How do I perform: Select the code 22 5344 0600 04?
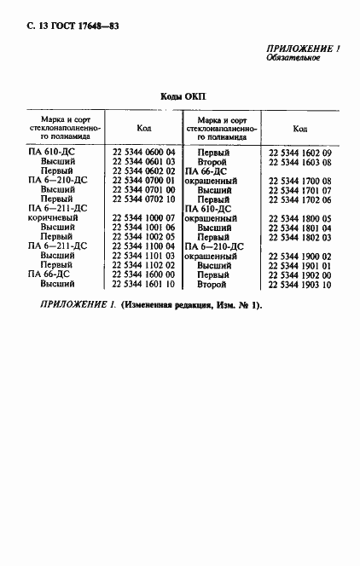pos(143,151)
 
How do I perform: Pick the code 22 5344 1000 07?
pos(143,217)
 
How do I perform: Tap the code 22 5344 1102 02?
pos(143,265)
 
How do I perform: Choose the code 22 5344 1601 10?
pos(143,284)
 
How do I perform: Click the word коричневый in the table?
pos(55,217)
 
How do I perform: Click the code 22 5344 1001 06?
pos(143,227)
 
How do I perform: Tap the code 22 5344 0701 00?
pos(143,188)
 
